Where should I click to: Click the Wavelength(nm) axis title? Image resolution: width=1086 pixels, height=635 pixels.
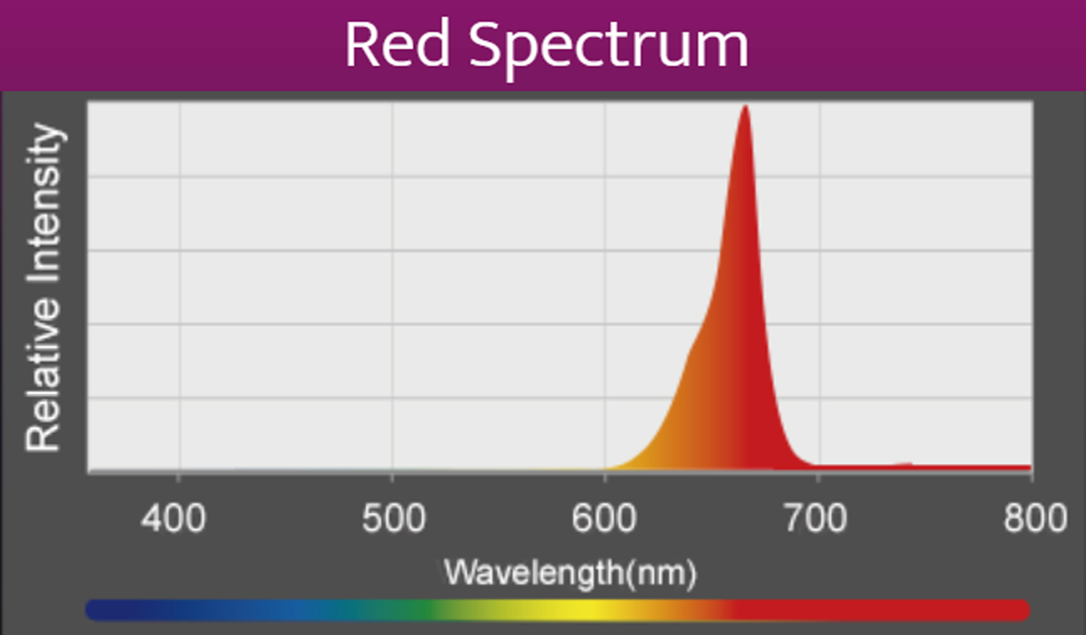[x=570, y=572]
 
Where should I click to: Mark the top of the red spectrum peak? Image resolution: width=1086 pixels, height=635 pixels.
[x=745, y=108]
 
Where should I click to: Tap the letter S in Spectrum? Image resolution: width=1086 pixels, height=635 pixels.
[x=492, y=45]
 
